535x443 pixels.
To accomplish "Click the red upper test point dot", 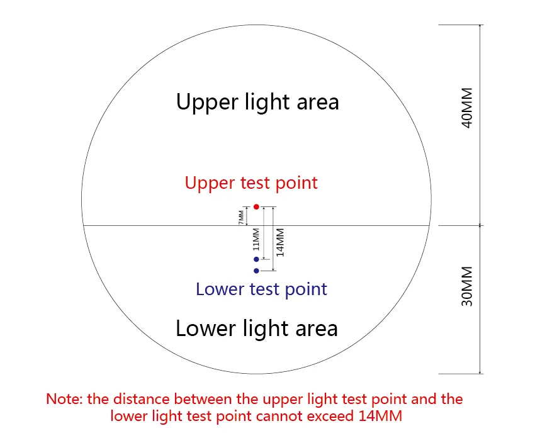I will [x=256, y=206].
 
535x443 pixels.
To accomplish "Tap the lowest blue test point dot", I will [x=256, y=271].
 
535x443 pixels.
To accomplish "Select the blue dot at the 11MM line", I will [x=256, y=259].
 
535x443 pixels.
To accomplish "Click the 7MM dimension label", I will [x=241, y=216].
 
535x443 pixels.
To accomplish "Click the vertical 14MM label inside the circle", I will [x=281, y=242].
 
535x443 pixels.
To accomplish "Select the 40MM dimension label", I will [x=467, y=111].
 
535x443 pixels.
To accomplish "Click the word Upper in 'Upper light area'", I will [x=203, y=102].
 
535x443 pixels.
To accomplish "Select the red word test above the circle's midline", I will [x=254, y=183].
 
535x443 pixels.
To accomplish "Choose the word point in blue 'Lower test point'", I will [x=305, y=289].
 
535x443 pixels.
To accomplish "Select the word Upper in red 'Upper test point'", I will [x=210, y=183].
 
